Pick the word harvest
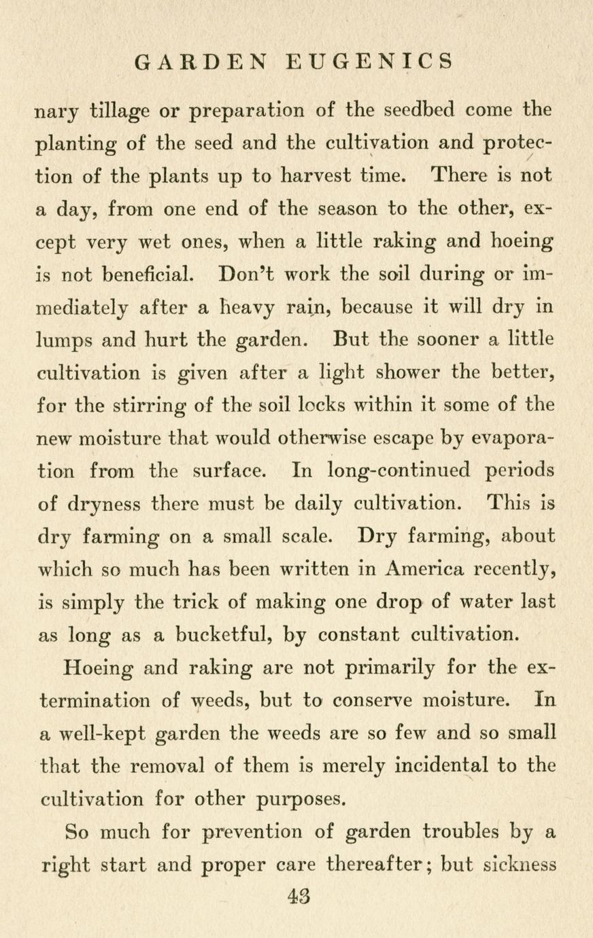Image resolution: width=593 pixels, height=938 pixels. (318, 175)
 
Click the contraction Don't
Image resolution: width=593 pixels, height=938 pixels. (245, 273)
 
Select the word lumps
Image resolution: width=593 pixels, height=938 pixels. (68, 340)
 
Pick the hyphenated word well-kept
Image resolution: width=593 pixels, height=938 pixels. (102, 733)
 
